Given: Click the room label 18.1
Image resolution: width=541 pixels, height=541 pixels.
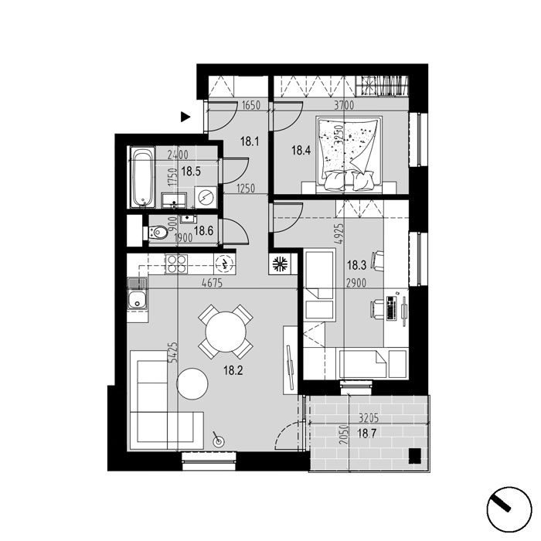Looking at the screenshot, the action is [x=250, y=141].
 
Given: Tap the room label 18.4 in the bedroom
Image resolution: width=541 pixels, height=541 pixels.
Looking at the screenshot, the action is [x=301, y=151].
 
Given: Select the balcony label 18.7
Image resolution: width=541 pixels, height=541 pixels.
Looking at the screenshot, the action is [x=366, y=433].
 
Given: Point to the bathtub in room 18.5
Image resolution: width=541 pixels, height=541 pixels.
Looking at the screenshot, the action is [x=143, y=177].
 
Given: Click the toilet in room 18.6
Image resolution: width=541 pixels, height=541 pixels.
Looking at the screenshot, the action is [x=158, y=233].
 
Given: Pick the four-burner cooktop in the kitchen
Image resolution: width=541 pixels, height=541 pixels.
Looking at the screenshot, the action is [x=176, y=264].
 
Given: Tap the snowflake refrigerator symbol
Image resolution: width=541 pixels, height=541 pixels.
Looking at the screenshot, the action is [x=280, y=264].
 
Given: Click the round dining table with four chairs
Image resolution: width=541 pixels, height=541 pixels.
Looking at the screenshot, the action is [x=226, y=332].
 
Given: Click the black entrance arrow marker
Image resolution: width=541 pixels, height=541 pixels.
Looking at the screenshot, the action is [x=185, y=117].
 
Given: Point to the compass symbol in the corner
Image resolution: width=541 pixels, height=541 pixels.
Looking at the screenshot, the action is [x=509, y=509].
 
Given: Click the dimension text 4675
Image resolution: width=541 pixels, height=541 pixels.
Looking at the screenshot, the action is [x=213, y=284].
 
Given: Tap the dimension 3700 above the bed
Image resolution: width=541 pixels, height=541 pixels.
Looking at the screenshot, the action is [x=344, y=105].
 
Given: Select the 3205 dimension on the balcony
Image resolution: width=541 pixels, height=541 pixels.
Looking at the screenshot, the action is [x=369, y=418].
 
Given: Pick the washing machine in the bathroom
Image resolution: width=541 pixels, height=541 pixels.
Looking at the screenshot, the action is [x=206, y=197].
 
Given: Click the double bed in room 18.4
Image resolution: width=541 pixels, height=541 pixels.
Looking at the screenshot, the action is [x=349, y=155].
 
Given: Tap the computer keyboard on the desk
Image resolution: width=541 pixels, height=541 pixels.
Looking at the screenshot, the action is [x=391, y=308].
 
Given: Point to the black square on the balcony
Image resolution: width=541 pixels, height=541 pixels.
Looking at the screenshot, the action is [x=415, y=455].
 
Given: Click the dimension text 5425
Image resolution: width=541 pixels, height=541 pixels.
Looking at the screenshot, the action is [x=174, y=352].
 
